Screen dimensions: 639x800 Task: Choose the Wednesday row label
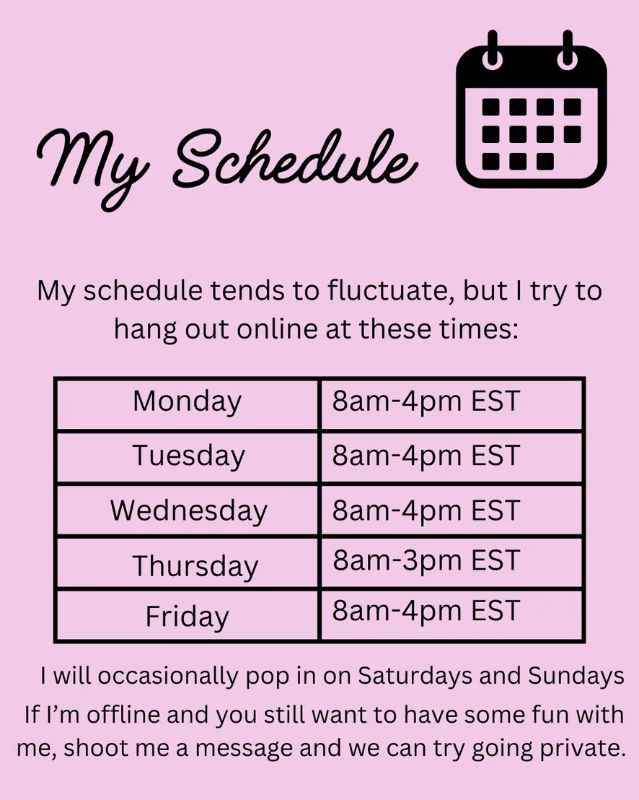tap(188, 510)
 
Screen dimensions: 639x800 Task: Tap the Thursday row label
tap(195, 565)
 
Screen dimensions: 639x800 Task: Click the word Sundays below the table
tap(576, 676)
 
